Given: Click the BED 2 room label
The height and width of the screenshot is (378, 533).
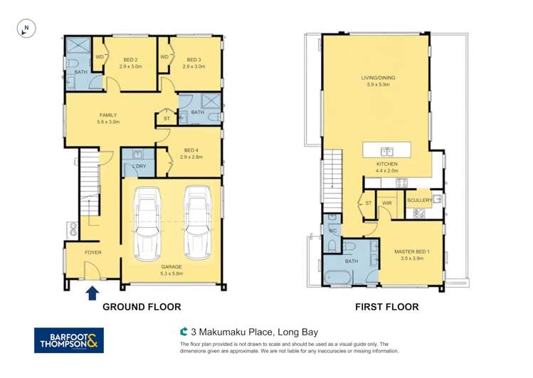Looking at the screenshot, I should (130, 60).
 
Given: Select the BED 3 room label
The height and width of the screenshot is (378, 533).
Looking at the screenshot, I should (193, 60).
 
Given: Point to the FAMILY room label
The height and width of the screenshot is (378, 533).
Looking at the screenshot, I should (107, 115).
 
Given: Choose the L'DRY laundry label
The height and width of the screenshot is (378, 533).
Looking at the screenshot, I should (139, 167).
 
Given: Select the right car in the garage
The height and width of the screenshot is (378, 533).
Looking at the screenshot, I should (198, 221).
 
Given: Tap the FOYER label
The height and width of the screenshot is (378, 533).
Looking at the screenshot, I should (93, 252).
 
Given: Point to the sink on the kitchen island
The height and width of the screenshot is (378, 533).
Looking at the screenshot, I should (387, 151).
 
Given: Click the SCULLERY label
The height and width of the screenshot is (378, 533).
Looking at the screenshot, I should (419, 200).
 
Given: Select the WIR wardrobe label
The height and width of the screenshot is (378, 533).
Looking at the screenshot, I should (387, 203).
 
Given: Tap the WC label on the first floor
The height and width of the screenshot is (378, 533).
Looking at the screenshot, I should (332, 231).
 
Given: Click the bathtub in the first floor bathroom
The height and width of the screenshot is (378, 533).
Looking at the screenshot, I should (346, 277).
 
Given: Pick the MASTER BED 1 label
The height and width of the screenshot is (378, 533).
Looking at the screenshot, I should (408, 251).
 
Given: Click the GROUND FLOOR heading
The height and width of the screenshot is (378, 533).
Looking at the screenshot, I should (142, 307).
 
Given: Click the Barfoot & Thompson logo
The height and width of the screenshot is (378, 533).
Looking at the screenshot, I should (69, 340).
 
